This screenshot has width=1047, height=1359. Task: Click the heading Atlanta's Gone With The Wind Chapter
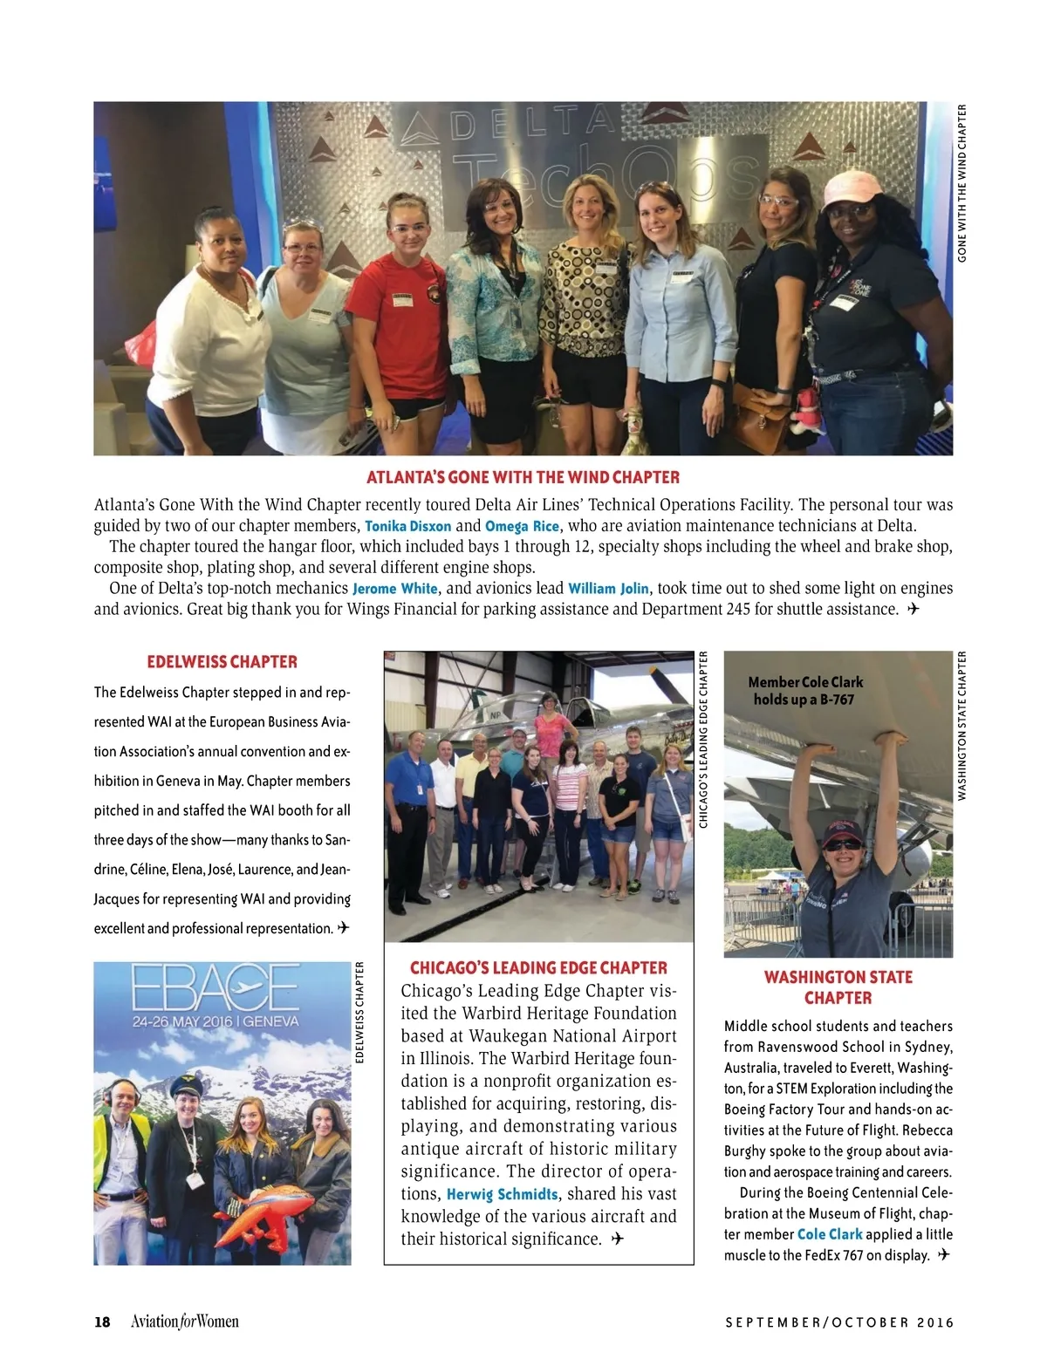pos(523,477)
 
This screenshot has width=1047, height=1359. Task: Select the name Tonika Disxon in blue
pos(407,526)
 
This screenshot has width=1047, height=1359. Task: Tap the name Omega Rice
pos(522,526)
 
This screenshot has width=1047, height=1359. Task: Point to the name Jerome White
pos(394,589)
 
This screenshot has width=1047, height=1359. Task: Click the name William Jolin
pos(608,589)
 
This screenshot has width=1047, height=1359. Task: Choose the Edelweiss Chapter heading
pos(222,662)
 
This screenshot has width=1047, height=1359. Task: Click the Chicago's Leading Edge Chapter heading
pos(538,967)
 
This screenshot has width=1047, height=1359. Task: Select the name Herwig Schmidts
pos(502,1194)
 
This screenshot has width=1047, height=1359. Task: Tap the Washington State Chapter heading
pos(838,987)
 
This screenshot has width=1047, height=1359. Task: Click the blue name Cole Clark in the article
pos(830,1234)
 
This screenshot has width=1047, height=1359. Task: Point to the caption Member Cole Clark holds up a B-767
pos(805,691)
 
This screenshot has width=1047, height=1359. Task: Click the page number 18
pos(102,1321)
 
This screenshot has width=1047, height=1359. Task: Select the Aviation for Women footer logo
pos(184,1321)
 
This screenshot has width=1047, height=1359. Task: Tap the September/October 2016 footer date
pos(839,1322)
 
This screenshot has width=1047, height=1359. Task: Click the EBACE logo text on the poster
pos(216,990)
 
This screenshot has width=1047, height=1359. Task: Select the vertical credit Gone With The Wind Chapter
pos(962,183)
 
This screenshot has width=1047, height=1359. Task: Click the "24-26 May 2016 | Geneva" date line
pos(216,1021)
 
